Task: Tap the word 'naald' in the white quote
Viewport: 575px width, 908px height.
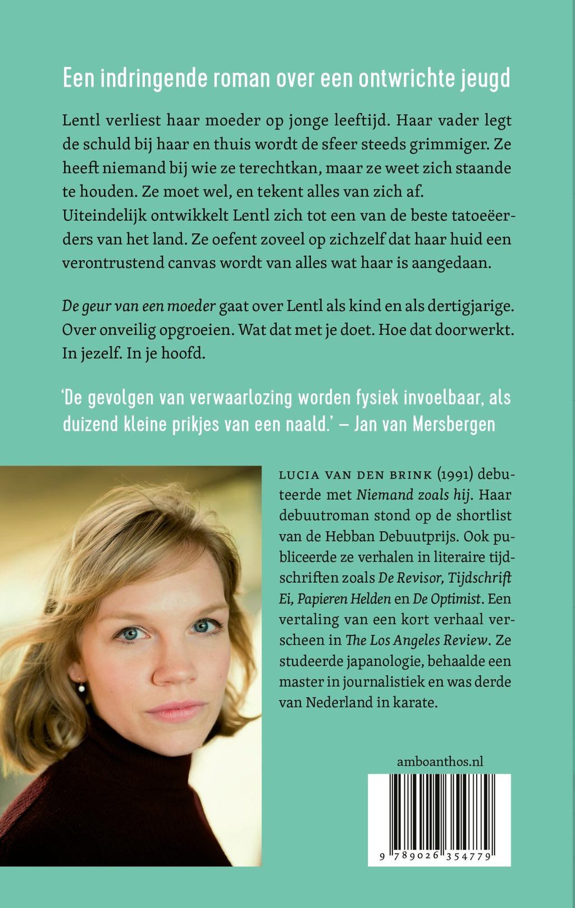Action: (x=307, y=424)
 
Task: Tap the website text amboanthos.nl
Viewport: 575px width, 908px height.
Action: (x=440, y=762)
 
